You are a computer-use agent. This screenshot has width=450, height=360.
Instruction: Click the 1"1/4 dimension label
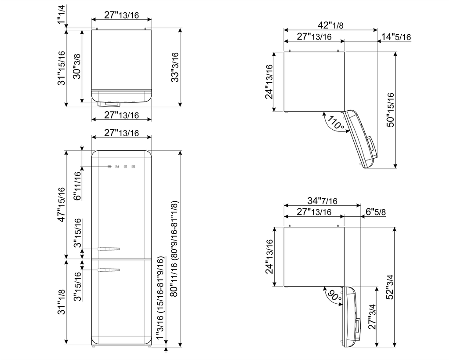pyautogui.click(x=62, y=15)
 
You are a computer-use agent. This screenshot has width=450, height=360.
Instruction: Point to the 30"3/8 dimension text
pyautogui.click(x=77, y=67)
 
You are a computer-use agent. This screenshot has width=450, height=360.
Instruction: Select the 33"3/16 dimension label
pyautogui.click(x=174, y=67)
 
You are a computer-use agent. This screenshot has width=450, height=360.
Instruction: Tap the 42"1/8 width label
pyautogui.click(x=330, y=25)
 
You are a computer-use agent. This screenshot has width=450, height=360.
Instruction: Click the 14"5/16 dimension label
pyautogui.click(x=396, y=37)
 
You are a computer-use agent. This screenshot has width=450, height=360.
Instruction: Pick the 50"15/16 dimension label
pyautogui.click(x=391, y=110)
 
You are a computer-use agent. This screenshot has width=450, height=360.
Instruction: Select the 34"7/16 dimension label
pyautogui.click(x=322, y=200)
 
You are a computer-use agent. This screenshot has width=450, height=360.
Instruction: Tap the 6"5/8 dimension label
pyautogui.click(x=376, y=212)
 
